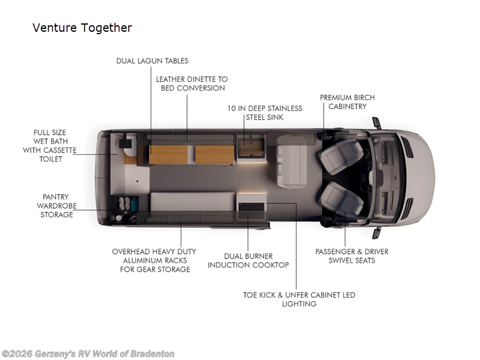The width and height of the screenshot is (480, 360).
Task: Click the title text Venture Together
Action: tap(82, 28)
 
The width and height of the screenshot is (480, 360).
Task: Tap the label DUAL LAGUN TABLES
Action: tap(152, 61)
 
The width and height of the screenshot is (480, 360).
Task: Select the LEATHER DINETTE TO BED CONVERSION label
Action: tap(191, 83)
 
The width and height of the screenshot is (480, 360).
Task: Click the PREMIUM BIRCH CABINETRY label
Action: tap(347, 102)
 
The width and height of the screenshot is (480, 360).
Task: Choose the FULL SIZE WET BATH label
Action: tap(50, 146)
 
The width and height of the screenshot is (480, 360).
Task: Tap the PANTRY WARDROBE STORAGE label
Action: tap(56, 206)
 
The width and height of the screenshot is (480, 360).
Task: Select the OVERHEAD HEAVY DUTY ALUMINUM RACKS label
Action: tap(154, 260)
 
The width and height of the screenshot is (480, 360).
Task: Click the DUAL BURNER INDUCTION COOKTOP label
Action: tap(248, 260)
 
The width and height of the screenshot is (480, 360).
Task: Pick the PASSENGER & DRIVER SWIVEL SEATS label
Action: tap(352, 256)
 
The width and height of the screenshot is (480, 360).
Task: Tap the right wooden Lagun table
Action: tap(214, 155)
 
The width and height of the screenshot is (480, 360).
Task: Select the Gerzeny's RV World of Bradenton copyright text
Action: tap(88, 354)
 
